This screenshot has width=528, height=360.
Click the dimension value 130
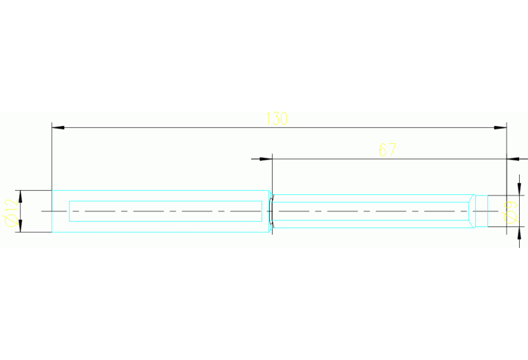[x=277, y=119]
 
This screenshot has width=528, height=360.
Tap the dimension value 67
[x=388, y=150]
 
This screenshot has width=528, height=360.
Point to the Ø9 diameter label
[x=511, y=213]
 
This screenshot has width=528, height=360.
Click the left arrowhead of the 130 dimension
[x=58, y=127]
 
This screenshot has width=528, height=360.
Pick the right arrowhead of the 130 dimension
[x=500, y=127]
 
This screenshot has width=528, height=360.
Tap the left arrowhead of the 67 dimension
[x=266, y=158]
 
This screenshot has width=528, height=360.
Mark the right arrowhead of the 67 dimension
[x=513, y=158]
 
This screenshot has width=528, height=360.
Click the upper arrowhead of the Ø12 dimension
[x=20, y=196]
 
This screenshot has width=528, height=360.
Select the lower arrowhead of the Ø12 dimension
[x=20, y=226]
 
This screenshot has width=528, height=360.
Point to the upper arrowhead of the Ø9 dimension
[x=519, y=189]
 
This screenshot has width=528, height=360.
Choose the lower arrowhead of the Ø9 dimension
[x=519, y=233]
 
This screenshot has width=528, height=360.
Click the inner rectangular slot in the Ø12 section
[x=165, y=201]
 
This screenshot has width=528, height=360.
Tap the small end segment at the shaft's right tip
[x=481, y=211]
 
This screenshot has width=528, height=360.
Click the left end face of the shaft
[x=52, y=211]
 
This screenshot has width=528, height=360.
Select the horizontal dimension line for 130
[x=279, y=127]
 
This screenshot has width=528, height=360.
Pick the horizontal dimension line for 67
[x=389, y=158]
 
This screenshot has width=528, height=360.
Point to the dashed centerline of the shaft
[x=269, y=211]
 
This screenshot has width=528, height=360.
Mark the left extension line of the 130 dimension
[x=52, y=156]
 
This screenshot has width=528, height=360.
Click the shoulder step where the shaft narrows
[x=271, y=211]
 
